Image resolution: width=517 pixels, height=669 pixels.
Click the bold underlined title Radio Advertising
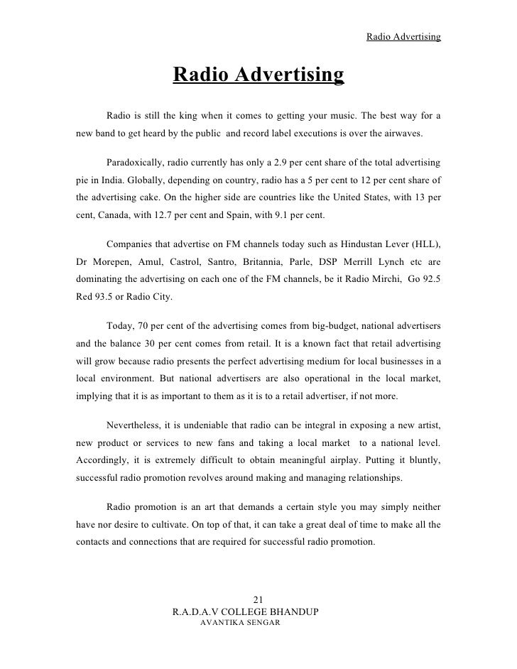pyautogui.click(x=258, y=75)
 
